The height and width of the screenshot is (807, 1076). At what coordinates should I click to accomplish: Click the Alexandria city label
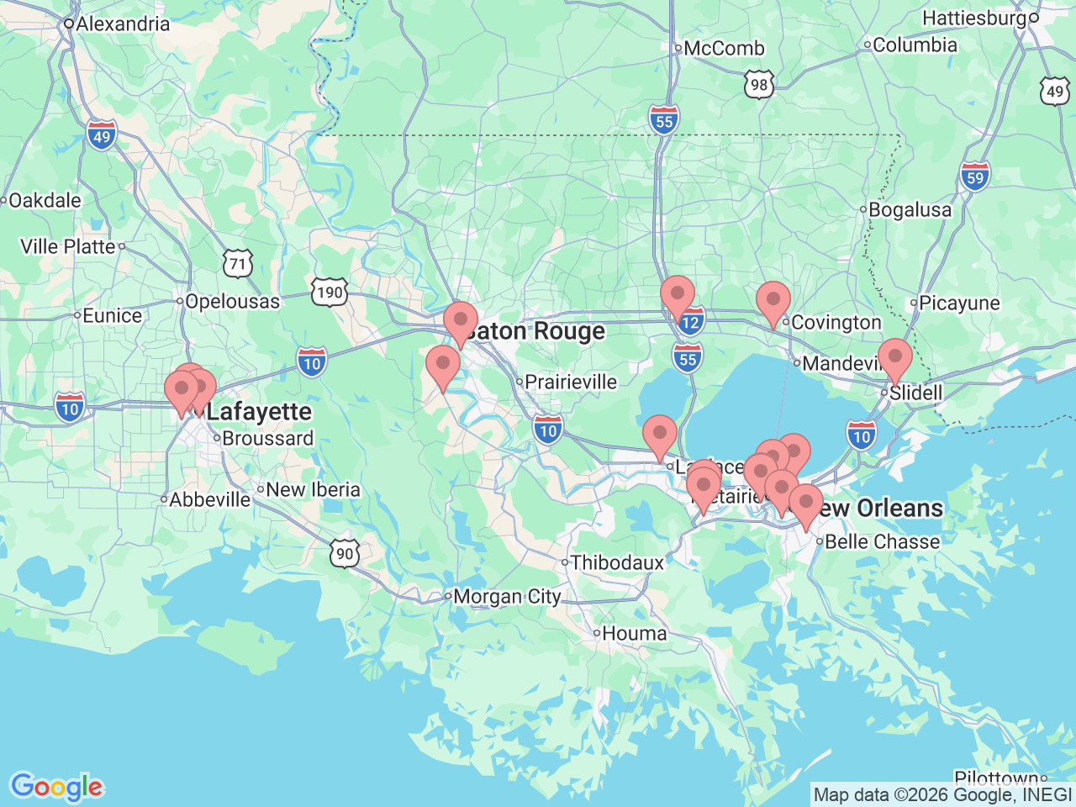[122, 24]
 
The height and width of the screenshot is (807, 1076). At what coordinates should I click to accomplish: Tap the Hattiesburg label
[974, 18]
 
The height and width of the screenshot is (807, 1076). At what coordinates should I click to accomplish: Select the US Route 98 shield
[758, 85]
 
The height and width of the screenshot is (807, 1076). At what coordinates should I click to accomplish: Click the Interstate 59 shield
[974, 177]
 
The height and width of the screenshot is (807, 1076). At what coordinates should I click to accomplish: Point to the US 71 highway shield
[238, 264]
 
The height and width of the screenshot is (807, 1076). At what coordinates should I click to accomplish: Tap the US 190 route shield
[328, 293]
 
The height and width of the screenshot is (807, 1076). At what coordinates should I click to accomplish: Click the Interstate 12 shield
[690, 322]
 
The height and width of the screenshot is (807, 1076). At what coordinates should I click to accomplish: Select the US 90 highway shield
[345, 554]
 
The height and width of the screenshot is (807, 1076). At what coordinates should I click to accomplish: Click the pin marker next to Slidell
[894, 357]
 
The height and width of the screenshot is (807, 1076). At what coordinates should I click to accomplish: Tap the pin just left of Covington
[773, 301]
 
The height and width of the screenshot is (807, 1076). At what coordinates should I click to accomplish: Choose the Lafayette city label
[259, 412]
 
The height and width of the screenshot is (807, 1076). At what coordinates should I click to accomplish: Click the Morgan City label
[507, 597]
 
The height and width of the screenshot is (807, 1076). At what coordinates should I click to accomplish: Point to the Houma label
[635, 633]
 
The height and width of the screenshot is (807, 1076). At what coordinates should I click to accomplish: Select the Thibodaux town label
[617, 562]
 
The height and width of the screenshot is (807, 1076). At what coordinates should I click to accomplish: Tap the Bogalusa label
[910, 209]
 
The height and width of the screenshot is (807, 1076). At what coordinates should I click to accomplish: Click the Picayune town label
[959, 303]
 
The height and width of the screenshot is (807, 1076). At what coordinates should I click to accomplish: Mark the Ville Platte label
[68, 246]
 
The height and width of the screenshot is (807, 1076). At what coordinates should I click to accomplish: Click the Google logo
[56, 788]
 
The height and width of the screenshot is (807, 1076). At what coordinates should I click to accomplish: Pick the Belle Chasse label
[882, 541]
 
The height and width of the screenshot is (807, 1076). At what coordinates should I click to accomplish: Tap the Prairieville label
[571, 382]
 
